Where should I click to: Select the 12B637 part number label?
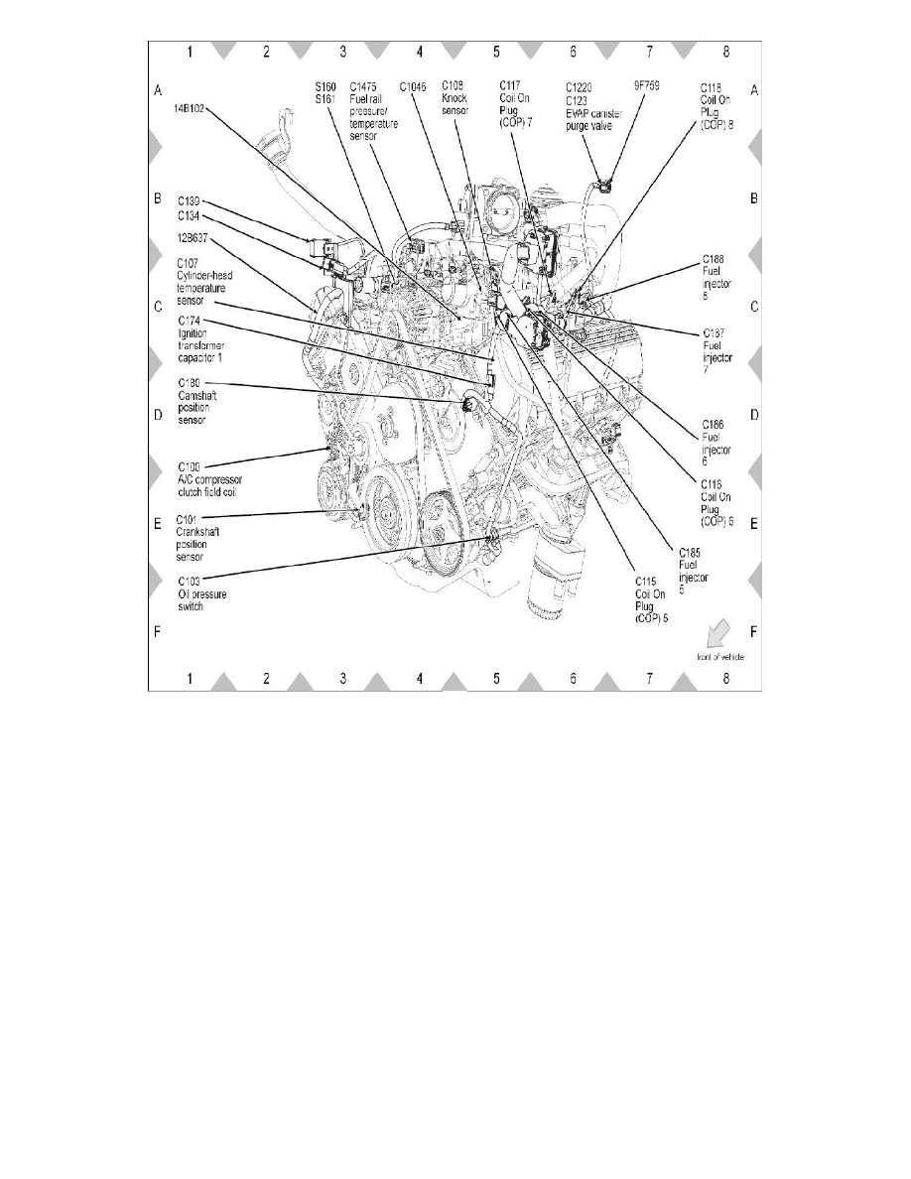click(195, 238)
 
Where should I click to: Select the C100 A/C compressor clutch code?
click(190, 465)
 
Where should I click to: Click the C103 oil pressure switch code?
click(190, 583)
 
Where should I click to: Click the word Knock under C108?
click(455, 99)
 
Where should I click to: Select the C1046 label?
click(414, 87)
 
